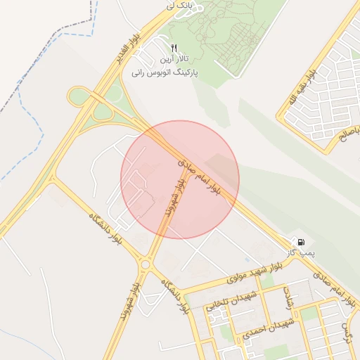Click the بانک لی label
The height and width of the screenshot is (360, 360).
[179, 5]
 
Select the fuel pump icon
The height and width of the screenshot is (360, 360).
[302, 243]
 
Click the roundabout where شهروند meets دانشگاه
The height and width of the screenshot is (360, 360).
[146, 264]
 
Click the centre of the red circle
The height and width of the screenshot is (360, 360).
[180, 179]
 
